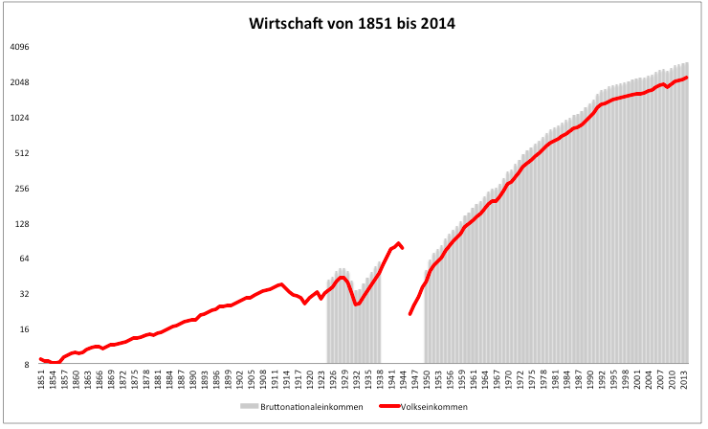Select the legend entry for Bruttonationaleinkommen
click(x=296, y=408)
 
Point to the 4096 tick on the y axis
click(x=21, y=47)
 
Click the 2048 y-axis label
click(x=21, y=82)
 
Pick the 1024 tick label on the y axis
click(x=21, y=118)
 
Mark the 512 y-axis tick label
click(x=23, y=153)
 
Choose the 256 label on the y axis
click(x=23, y=189)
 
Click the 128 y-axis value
click(x=23, y=224)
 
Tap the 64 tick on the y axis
click(x=26, y=259)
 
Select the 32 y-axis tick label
click(x=26, y=294)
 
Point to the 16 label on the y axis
click(x=26, y=329)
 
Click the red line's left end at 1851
click(x=40, y=359)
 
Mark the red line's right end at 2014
click(x=688, y=77)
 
